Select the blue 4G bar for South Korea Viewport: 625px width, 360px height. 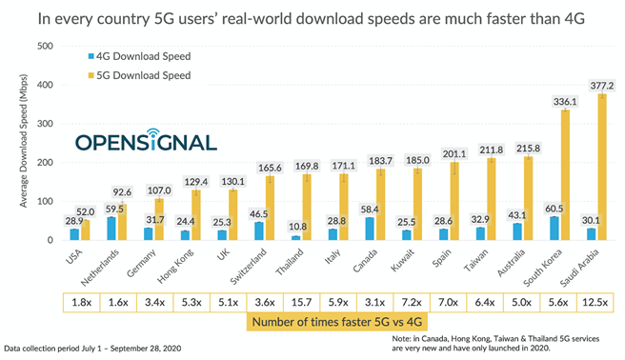pos(555,229)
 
